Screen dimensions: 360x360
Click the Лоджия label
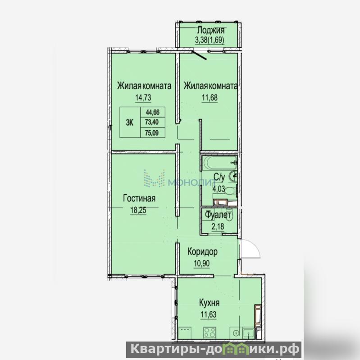point(210,30)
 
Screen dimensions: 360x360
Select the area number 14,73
point(143,98)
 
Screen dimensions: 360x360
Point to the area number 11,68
point(210,98)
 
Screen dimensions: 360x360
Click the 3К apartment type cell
point(130,123)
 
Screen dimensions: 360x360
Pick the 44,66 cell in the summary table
point(153,112)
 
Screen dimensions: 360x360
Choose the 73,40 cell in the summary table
point(152,122)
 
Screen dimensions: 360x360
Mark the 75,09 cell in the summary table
point(152,132)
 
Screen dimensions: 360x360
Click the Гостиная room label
point(139,198)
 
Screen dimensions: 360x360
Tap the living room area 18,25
point(138,210)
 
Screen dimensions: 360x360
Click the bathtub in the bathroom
point(219,163)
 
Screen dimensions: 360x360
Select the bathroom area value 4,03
point(219,189)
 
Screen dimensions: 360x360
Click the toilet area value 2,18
point(218,227)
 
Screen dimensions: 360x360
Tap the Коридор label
point(202,252)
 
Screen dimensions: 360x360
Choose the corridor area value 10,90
point(202,264)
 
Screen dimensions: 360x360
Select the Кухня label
point(209,303)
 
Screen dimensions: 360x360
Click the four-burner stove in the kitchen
point(210,333)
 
